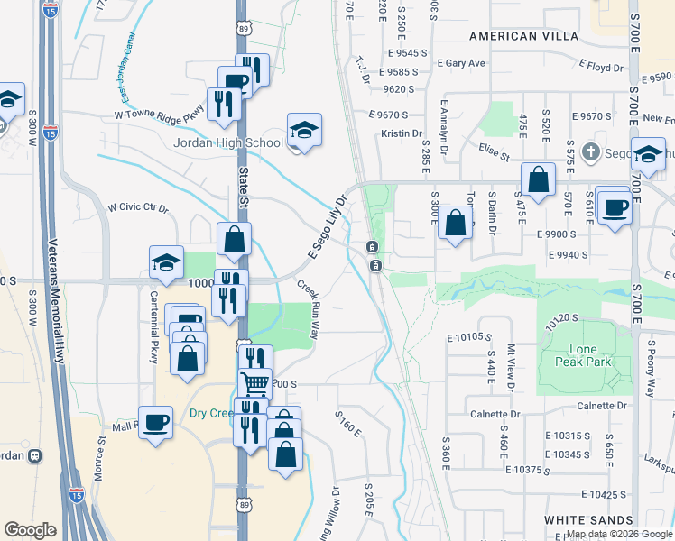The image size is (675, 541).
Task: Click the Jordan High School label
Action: (228, 142)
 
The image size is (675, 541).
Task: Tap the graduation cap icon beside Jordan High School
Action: (305, 132)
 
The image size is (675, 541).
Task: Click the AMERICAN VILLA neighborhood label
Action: (514, 35)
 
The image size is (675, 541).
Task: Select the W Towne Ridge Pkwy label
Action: (160, 115)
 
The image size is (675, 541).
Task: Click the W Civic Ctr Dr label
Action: (138, 208)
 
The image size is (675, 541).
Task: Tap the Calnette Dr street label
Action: (496, 415)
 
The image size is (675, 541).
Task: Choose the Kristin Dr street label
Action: (402, 133)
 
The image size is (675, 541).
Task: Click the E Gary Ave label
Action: (460, 63)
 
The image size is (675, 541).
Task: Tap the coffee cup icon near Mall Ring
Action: (156, 423)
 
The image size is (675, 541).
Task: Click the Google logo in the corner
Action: (31, 529)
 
